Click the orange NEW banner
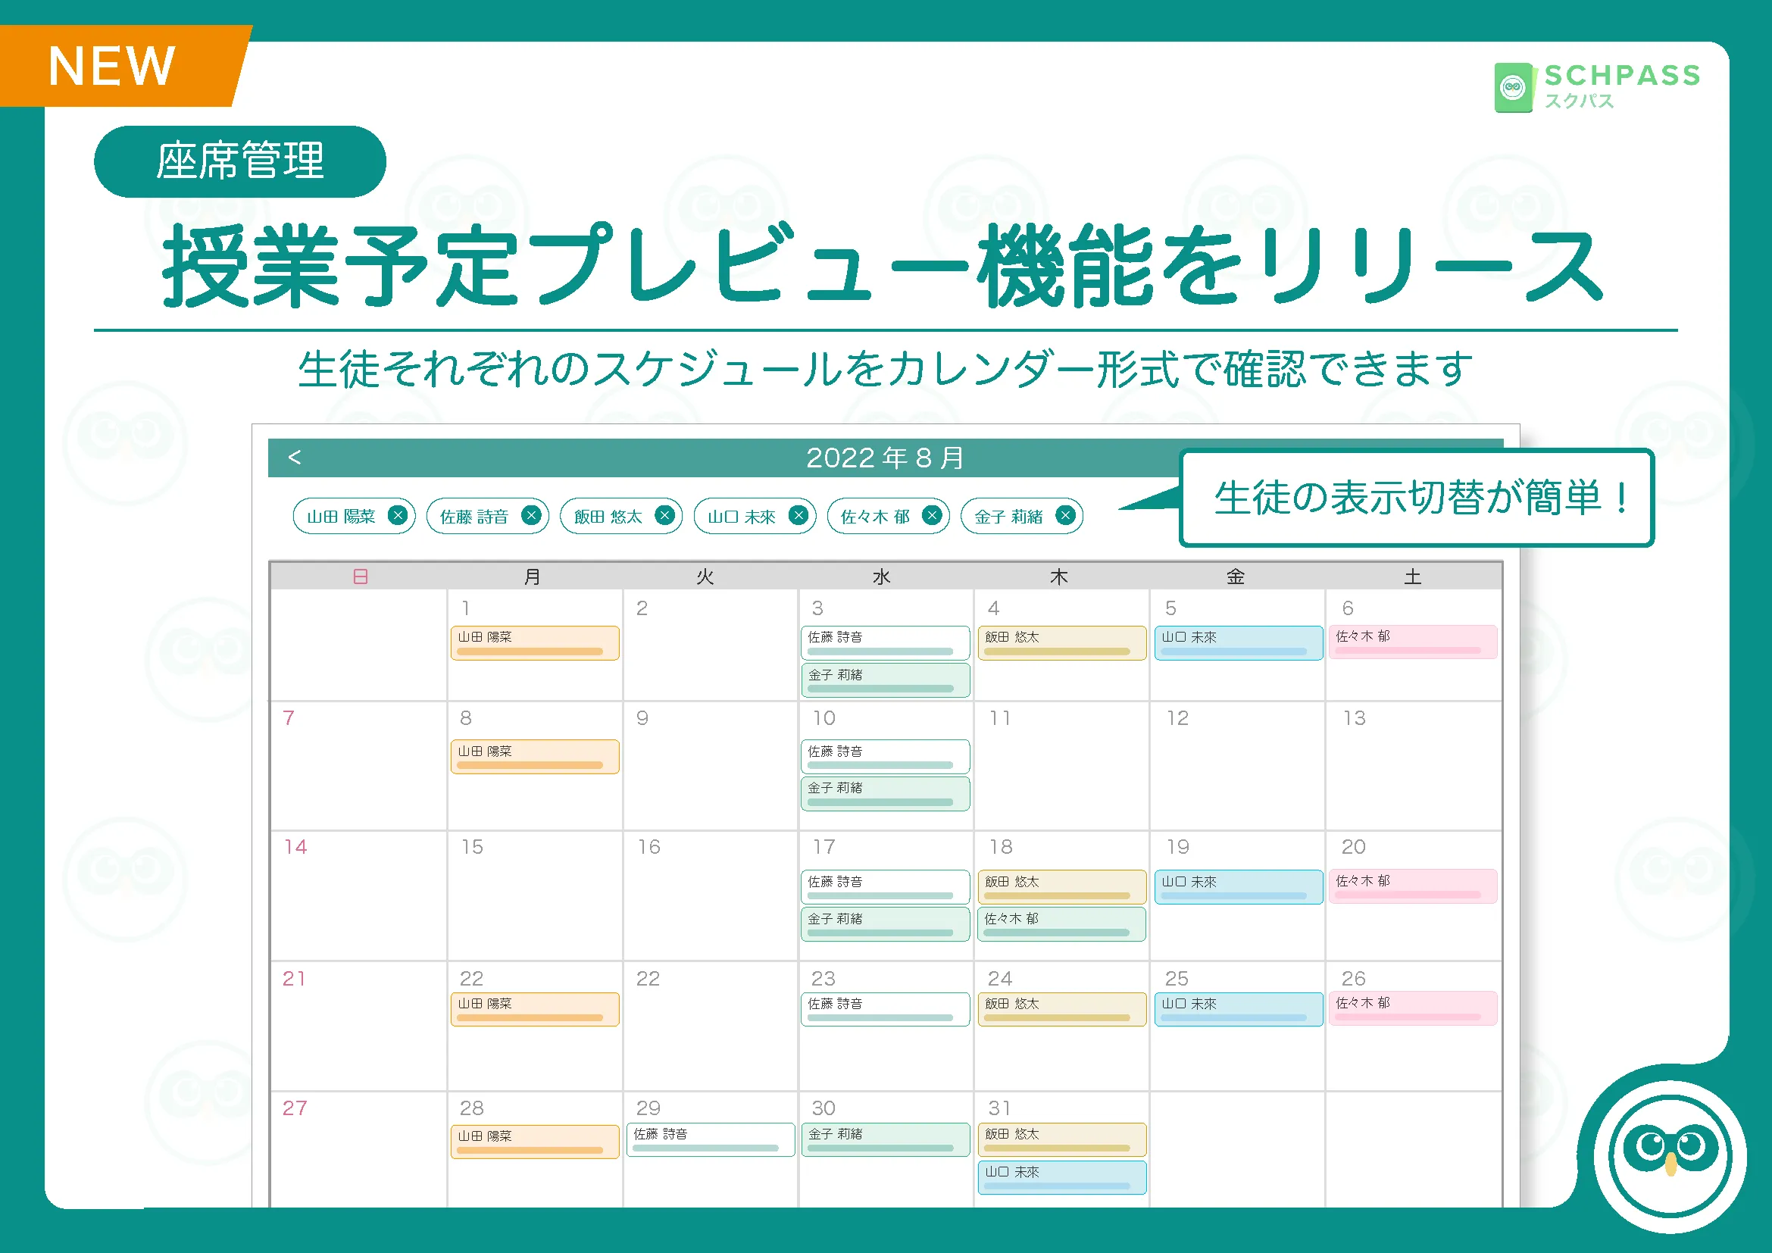[123, 66]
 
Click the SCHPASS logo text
[1622, 76]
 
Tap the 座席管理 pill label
[240, 161]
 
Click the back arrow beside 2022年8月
[294, 458]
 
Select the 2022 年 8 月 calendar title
[885, 458]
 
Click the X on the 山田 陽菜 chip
[398, 515]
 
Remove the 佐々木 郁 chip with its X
[933, 515]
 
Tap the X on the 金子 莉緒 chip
[1066, 515]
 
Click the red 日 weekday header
[361, 577]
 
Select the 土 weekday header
[1412, 577]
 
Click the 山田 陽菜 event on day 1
[535, 642]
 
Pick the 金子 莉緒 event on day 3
[885, 680]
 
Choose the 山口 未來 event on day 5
[1239, 642]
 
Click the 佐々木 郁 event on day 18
[1061, 924]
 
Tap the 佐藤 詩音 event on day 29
[710, 1139]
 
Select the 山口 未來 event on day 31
[1061, 1177]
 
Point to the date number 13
[1354, 718]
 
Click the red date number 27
[294, 1108]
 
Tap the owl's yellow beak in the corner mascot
[1671, 1164]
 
